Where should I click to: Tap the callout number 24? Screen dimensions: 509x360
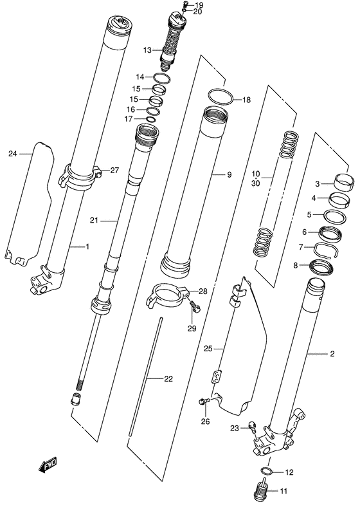click(12, 154)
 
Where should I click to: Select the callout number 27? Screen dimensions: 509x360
click(115, 171)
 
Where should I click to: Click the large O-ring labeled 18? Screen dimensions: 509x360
click(219, 98)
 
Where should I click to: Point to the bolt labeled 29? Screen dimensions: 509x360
click(195, 310)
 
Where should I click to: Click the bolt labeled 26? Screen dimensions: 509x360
click(204, 403)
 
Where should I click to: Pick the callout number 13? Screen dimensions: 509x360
click(148, 50)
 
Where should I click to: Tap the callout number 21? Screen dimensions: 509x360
click(93, 221)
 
